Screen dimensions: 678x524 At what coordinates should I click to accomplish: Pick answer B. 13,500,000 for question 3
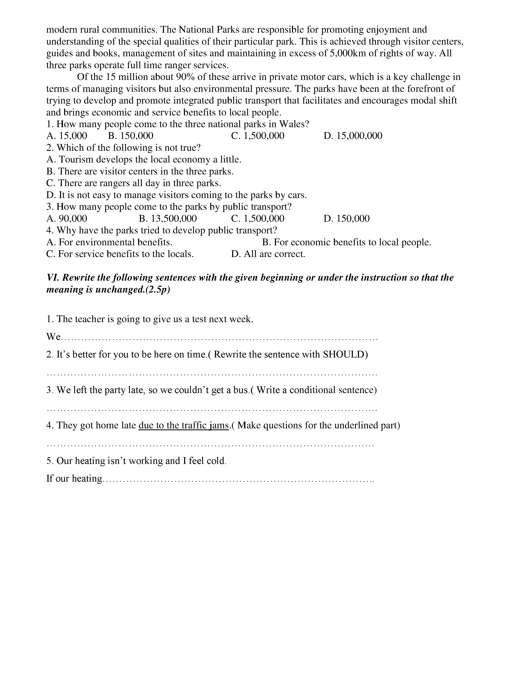pos(168,219)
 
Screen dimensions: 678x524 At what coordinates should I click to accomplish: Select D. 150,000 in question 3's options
pos(346,219)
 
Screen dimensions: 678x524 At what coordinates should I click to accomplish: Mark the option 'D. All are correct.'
pos(268,254)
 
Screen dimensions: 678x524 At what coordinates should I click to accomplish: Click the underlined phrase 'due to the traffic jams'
pos(184,425)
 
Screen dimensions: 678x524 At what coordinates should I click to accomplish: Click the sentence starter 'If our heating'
pos(74,478)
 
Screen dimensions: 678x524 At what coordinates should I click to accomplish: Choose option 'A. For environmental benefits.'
pos(109,242)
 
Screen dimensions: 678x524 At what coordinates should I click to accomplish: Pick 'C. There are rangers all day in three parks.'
pos(134,183)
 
